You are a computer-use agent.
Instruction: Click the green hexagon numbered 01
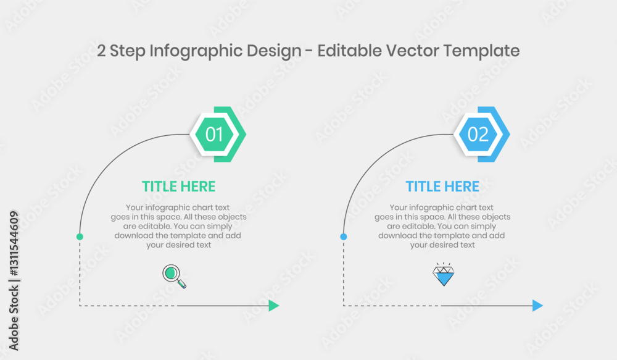(214, 135)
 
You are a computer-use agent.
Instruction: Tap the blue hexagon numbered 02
(478, 135)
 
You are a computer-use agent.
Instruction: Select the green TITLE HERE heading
(179, 186)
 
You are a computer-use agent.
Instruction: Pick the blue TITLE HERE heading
(442, 186)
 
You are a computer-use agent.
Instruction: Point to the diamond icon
(444, 274)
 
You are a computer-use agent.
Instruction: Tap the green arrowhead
(274, 306)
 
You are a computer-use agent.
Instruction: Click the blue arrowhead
(537, 306)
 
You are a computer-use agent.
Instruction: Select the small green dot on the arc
(80, 237)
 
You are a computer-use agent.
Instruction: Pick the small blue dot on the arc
(344, 237)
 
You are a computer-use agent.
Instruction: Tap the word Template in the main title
(481, 51)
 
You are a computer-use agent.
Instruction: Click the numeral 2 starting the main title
(101, 51)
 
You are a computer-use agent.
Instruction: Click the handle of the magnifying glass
(182, 283)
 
